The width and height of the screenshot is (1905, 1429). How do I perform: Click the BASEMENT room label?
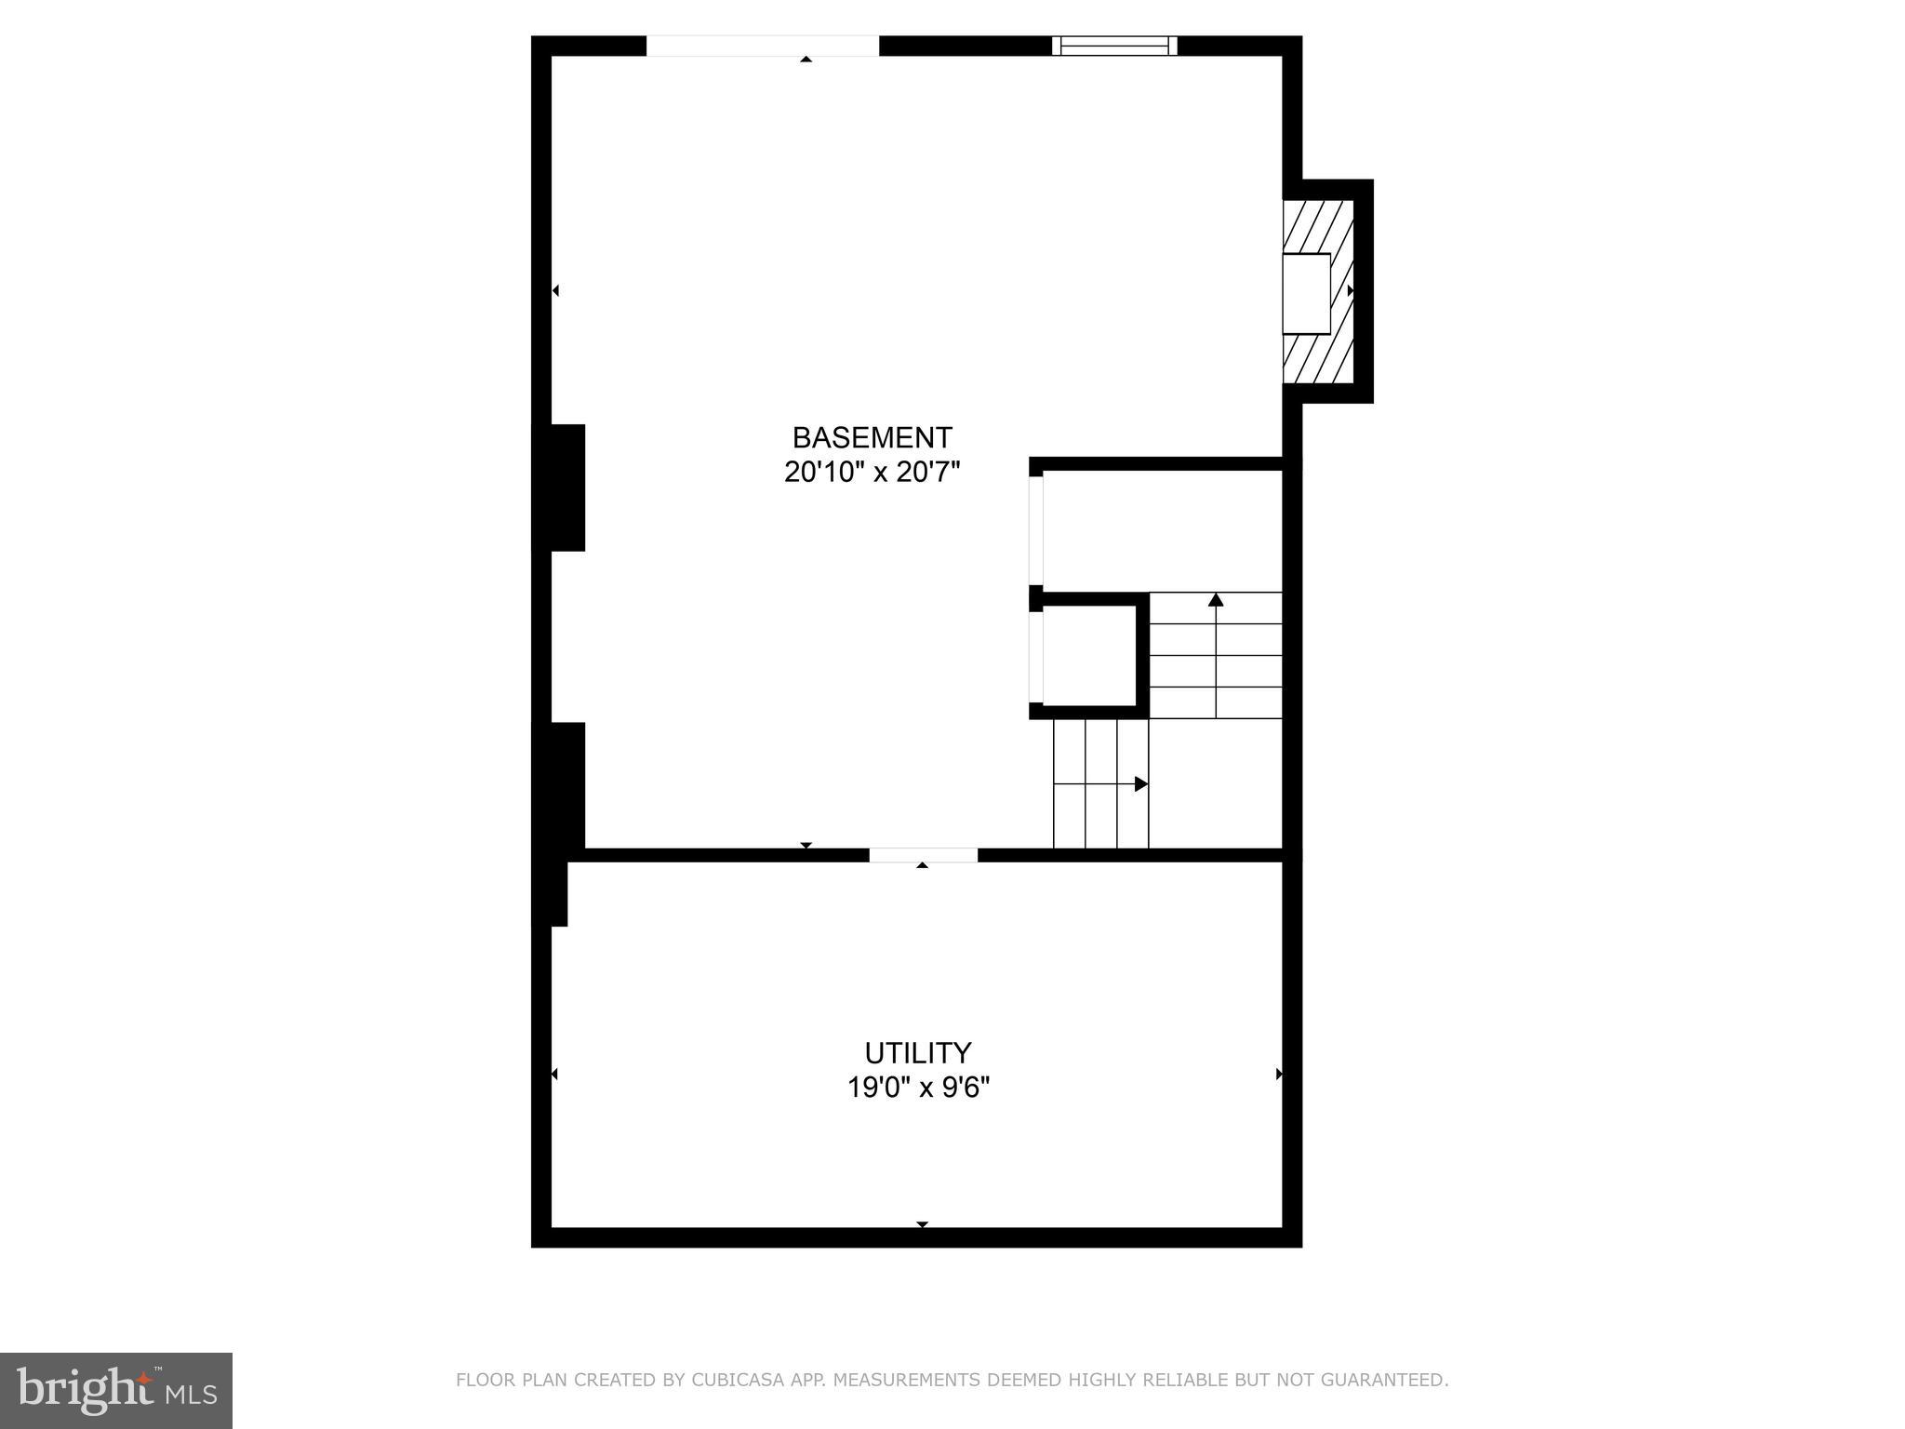point(872,437)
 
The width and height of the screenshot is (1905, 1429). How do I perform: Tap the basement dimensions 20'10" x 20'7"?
point(872,473)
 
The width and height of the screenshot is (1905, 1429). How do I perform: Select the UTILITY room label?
point(918,1052)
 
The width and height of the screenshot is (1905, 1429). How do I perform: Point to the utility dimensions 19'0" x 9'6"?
point(918,1087)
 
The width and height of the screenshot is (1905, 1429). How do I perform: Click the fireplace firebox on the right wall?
point(1306,293)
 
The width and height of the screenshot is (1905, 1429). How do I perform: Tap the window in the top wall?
point(1114,46)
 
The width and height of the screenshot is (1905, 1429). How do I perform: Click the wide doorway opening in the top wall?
point(763,46)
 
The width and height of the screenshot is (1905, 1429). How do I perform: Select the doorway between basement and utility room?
point(923,855)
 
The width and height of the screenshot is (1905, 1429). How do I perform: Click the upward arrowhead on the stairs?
point(1216,600)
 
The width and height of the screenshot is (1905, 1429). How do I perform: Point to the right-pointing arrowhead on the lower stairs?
point(1140,784)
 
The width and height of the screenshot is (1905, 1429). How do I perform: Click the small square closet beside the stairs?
point(1089,655)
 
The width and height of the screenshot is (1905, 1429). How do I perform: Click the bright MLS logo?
point(116,1390)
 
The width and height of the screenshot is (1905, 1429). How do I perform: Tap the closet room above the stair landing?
point(1163,530)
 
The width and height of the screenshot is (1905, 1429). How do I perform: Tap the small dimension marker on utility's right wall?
point(1279,1074)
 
